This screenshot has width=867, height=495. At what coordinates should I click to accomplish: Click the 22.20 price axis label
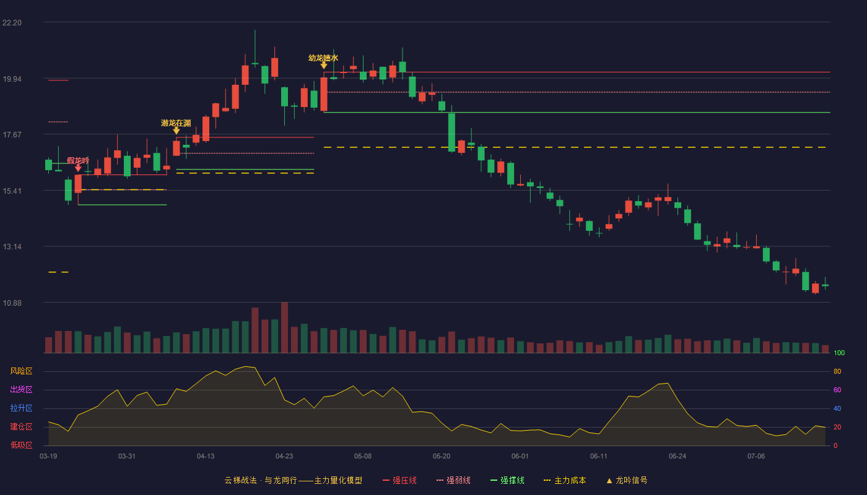pyautogui.click(x=12, y=23)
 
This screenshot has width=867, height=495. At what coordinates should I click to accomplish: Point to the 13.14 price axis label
pyautogui.click(x=12, y=247)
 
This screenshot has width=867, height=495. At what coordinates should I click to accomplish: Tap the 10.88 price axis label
pyautogui.click(x=12, y=303)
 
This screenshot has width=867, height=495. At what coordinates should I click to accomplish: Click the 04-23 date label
pyautogui.click(x=284, y=457)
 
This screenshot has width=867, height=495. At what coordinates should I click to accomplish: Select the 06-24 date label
pyautogui.click(x=677, y=457)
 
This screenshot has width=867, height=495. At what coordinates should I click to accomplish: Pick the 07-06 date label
pyautogui.click(x=756, y=457)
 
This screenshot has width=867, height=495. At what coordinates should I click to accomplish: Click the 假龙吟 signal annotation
pyautogui.click(x=78, y=160)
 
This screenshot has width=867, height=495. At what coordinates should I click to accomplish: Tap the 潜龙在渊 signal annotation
pyautogui.click(x=176, y=123)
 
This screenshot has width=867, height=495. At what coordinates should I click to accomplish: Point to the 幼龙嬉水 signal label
pyautogui.click(x=323, y=58)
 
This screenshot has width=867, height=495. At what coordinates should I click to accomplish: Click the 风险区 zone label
pyautogui.click(x=21, y=371)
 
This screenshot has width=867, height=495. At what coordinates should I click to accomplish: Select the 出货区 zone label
pyautogui.click(x=21, y=389)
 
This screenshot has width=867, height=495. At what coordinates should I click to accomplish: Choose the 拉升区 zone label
pyautogui.click(x=21, y=408)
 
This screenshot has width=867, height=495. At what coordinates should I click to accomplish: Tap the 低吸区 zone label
pyautogui.click(x=21, y=445)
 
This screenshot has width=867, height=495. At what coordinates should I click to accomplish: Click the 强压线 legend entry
pyautogui.click(x=399, y=480)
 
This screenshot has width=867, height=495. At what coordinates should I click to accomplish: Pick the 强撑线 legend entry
pyautogui.click(x=507, y=480)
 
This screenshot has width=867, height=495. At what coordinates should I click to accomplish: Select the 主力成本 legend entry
pyautogui.click(x=565, y=480)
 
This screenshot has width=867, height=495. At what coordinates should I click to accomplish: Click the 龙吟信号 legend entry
pyautogui.click(x=627, y=480)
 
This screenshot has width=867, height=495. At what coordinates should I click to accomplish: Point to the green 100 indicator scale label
pyautogui.click(x=839, y=353)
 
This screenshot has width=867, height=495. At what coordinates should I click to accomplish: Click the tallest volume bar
pyautogui.click(x=284, y=327)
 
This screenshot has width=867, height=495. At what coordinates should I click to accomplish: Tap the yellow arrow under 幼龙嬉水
pyautogui.click(x=323, y=66)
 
